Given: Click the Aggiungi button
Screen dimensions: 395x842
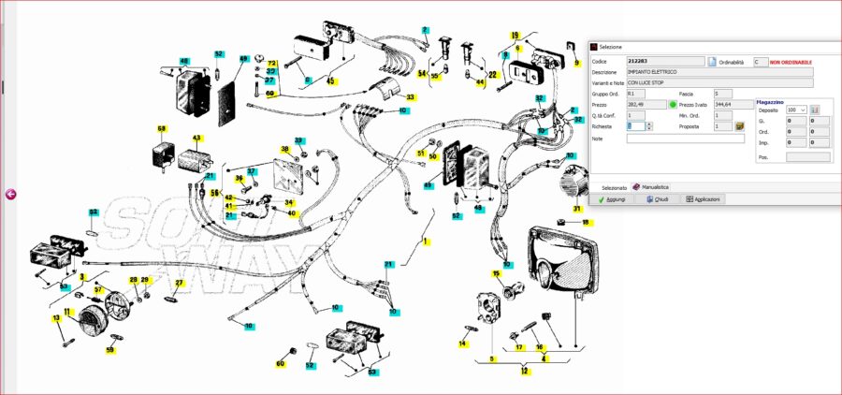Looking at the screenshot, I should (x=612, y=199).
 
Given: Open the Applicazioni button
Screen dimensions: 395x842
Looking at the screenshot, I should (x=704, y=199).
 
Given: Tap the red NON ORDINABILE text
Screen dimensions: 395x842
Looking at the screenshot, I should (x=791, y=62).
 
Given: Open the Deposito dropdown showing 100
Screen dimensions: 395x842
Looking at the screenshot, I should (x=796, y=110).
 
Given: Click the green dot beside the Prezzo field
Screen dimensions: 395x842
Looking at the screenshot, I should (x=672, y=104).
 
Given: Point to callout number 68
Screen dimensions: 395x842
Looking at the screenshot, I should (x=161, y=129).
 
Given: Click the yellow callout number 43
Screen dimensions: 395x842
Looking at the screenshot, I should (x=196, y=139).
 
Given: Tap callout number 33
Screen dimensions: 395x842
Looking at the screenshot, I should (x=410, y=97).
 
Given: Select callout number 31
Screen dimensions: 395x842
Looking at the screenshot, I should (x=577, y=209).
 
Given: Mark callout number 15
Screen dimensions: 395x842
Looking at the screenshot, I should (x=497, y=273).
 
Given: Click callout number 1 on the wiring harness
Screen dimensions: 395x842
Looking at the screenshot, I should (x=425, y=242).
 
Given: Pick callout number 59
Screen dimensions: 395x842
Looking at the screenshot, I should (x=109, y=350).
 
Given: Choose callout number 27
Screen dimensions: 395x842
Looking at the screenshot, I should (x=180, y=282).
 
